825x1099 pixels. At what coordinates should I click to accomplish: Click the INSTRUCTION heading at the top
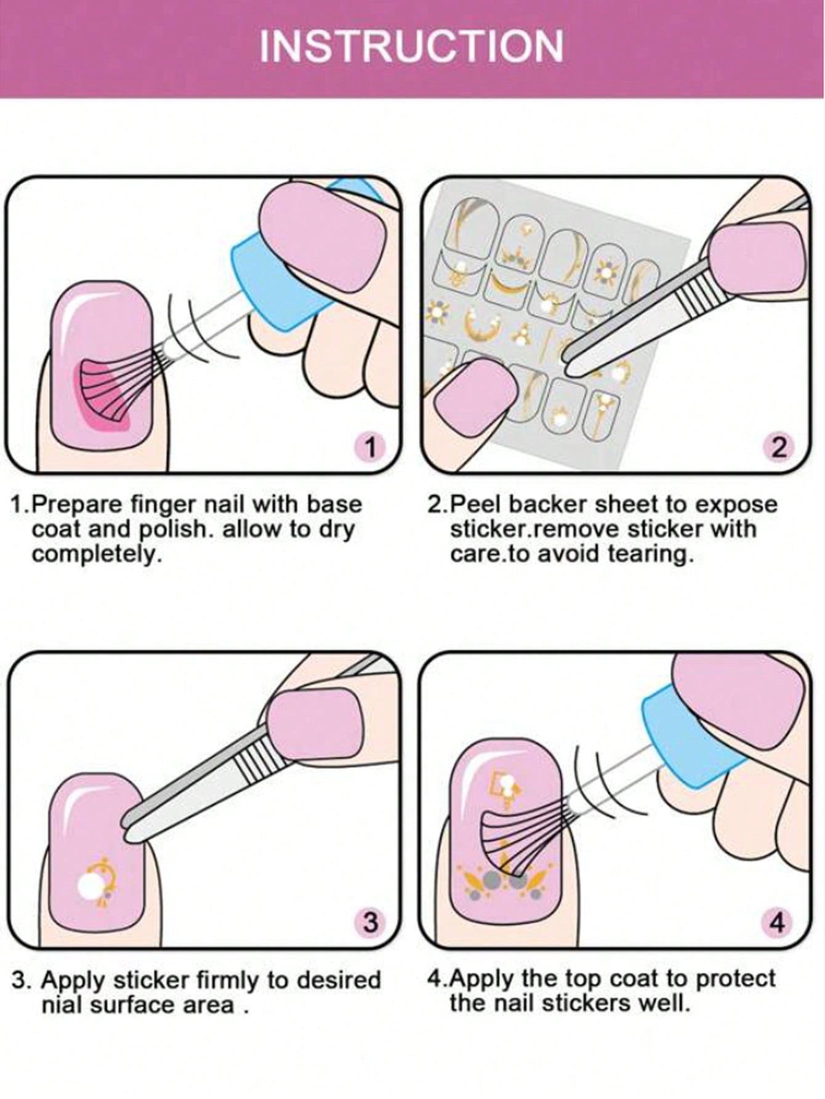411,46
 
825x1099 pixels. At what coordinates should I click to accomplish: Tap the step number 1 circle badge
370,447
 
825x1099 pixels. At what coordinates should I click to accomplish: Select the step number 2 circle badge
778,447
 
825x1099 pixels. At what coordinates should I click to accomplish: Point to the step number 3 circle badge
370,922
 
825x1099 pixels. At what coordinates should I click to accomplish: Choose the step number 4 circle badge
778,922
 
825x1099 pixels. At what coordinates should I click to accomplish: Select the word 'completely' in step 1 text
95,555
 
